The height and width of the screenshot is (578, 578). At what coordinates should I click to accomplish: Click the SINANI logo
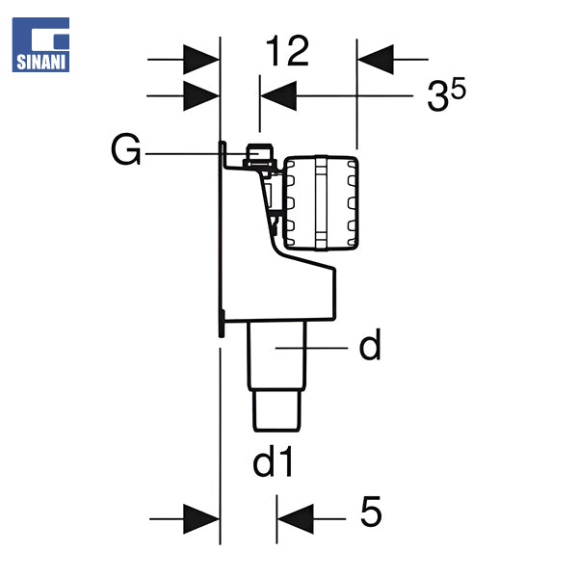tap(40, 44)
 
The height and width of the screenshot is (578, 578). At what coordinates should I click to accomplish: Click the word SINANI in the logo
tap(40, 62)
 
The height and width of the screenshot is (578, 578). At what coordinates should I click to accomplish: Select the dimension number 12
tap(287, 51)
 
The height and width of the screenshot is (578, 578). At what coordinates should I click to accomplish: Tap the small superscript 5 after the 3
tap(459, 89)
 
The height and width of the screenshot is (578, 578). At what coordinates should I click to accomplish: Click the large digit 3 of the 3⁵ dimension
tap(438, 96)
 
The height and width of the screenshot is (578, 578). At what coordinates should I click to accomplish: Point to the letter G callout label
tap(125, 149)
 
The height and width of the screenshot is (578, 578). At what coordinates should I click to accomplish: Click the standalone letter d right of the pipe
tap(370, 345)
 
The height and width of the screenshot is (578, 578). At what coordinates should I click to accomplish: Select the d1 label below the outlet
tap(273, 461)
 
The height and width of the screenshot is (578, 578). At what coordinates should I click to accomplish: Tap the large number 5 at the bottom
tap(371, 512)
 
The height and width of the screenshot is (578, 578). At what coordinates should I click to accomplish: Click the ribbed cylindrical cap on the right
tap(321, 203)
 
